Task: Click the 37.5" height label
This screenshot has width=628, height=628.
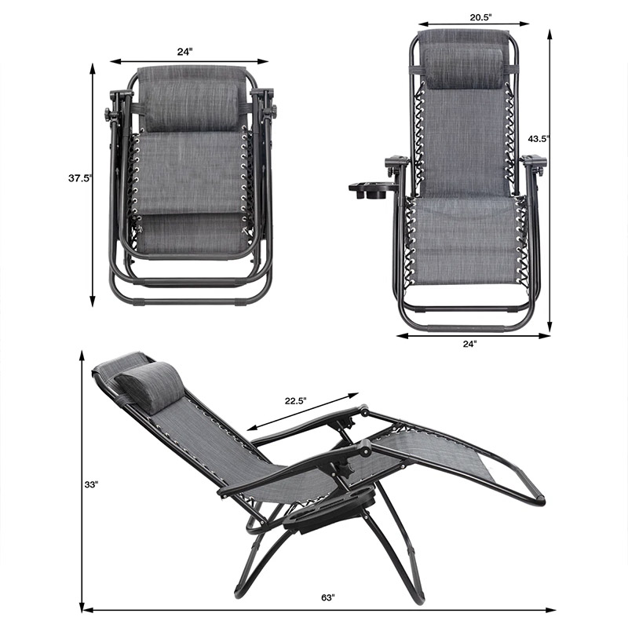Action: [80, 178]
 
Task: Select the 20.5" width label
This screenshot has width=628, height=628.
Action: [480, 16]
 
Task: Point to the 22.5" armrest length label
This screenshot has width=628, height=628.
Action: [296, 400]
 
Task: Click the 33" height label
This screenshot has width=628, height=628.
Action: [91, 484]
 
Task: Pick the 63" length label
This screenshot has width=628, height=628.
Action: [327, 598]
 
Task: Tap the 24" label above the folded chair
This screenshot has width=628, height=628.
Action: [185, 52]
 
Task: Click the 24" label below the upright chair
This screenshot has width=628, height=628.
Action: [469, 344]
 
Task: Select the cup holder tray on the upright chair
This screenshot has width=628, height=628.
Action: [373, 190]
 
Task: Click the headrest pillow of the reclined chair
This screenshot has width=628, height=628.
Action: [150, 385]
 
